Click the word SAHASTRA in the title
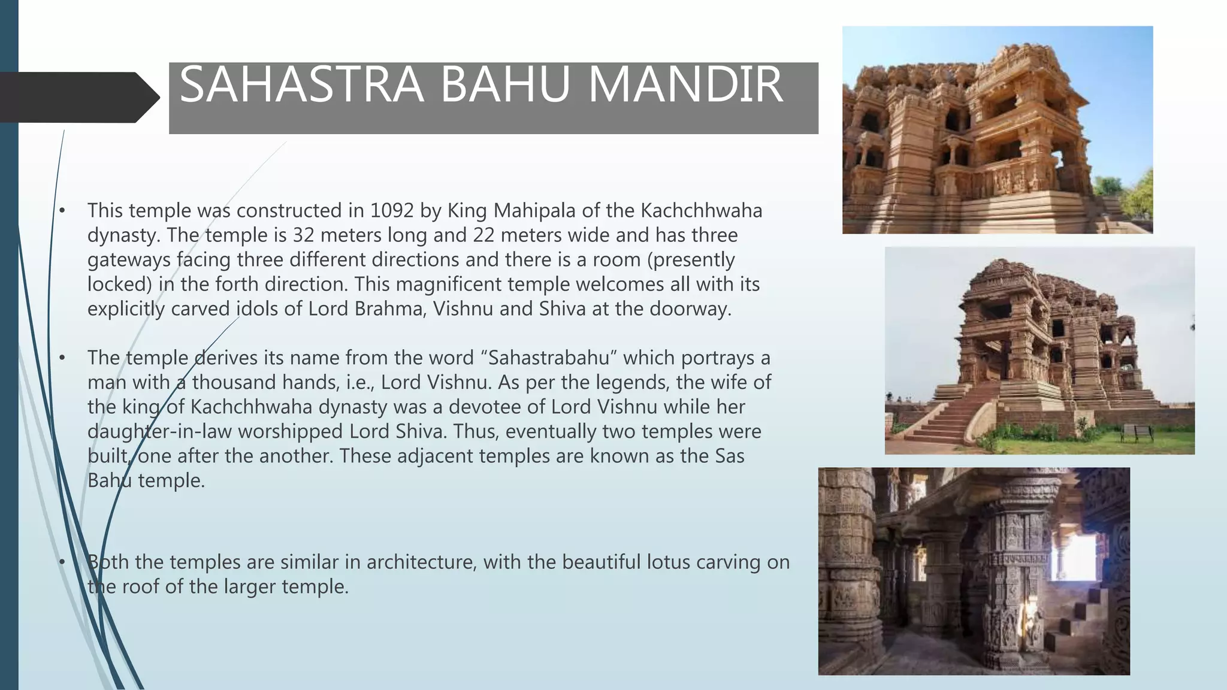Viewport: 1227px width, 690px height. pos(301,85)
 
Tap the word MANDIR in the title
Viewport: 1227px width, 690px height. pos(685,85)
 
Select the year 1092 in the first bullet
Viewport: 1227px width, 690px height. pos(392,211)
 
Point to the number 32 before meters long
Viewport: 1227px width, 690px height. pos(304,235)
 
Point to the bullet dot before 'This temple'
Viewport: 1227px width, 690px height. pos(62,211)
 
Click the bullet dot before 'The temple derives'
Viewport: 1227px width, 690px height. pos(62,358)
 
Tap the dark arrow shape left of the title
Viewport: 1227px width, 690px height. pos(78,98)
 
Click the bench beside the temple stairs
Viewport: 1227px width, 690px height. pos(1136,432)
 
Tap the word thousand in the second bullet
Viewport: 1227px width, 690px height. pos(235,383)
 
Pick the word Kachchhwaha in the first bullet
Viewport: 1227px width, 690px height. pos(701,211)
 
